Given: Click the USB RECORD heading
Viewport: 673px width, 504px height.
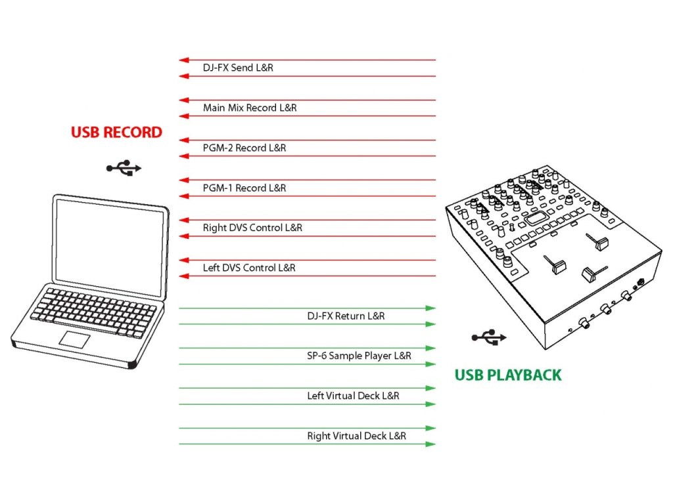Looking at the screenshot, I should coord(116,132).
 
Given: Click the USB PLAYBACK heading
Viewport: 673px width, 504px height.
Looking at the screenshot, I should coord(508,375).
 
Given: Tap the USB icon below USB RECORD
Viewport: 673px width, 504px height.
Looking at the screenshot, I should coord(124,169).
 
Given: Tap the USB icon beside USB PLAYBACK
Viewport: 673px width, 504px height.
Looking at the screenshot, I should coord(489,337).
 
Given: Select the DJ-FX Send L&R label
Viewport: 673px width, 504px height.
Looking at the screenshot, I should coord(243,68).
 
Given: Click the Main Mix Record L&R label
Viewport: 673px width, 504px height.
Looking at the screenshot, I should coord(250,108).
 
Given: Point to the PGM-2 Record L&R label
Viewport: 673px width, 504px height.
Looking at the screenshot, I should coord(244,148).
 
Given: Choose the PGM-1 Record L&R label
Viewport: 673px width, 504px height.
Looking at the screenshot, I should coord(244,188).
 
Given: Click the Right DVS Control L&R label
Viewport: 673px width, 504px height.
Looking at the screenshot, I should coord(253,228).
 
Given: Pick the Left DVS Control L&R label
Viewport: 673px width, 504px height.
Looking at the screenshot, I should coord(250,268).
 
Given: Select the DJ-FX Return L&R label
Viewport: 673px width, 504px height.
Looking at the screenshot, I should coord(346,316).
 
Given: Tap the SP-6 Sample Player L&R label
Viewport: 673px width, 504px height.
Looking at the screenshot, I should coord(359,356).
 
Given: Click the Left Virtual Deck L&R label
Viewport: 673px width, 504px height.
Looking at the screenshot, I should coord(353,396).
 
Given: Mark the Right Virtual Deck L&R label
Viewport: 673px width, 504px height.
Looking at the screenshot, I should coord(356,436).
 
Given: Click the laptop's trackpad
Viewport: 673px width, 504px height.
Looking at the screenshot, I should coord(75,339).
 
